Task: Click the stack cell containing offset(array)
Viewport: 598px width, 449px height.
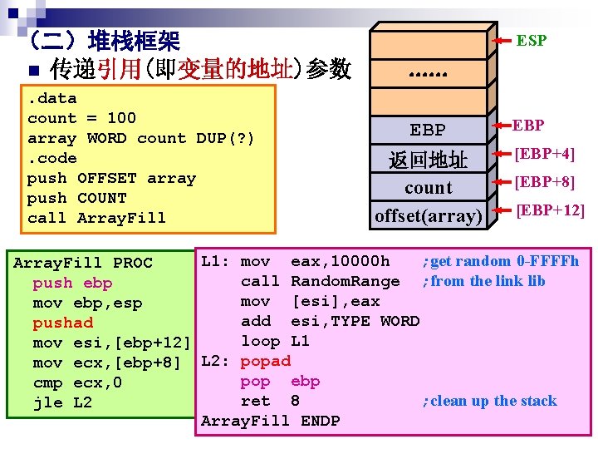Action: point(429,216)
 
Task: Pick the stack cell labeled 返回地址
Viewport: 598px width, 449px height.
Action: point(429,160)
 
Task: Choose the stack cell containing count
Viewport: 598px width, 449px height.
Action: point(429,188)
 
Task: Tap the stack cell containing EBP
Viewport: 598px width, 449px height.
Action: point(429,131)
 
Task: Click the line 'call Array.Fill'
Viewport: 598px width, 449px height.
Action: point(96,218)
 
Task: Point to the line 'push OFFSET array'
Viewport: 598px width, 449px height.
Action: point(111,178)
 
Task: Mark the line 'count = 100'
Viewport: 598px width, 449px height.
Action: point(81,118)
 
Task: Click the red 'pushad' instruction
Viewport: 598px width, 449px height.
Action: point(63,323)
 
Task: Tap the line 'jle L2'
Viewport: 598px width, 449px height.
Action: point(63,402)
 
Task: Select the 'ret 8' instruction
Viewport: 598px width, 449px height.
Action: point(270,401)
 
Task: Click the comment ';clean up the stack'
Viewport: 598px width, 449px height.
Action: point(489,401)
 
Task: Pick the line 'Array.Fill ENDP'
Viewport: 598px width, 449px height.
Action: point(270,421)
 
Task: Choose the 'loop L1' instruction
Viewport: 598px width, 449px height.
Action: point(275,341)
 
